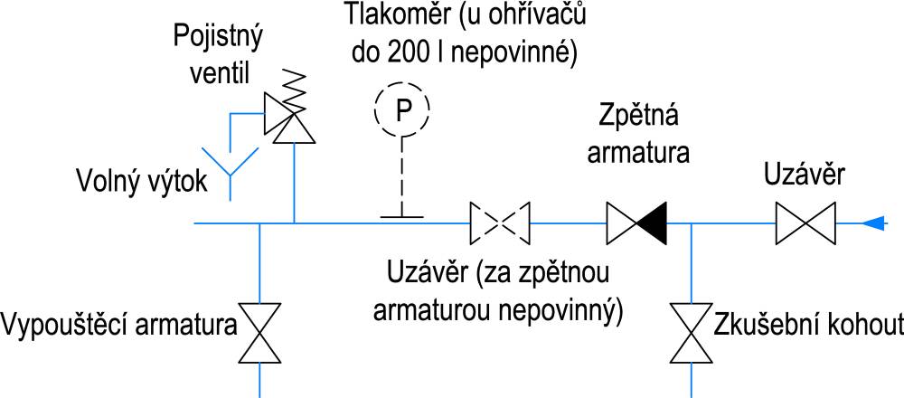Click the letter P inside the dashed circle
403,109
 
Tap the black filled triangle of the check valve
652,223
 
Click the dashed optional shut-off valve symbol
501,223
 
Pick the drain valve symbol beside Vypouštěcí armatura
259,332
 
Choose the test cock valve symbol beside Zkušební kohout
691,332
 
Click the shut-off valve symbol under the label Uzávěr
805,223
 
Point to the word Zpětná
637,118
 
